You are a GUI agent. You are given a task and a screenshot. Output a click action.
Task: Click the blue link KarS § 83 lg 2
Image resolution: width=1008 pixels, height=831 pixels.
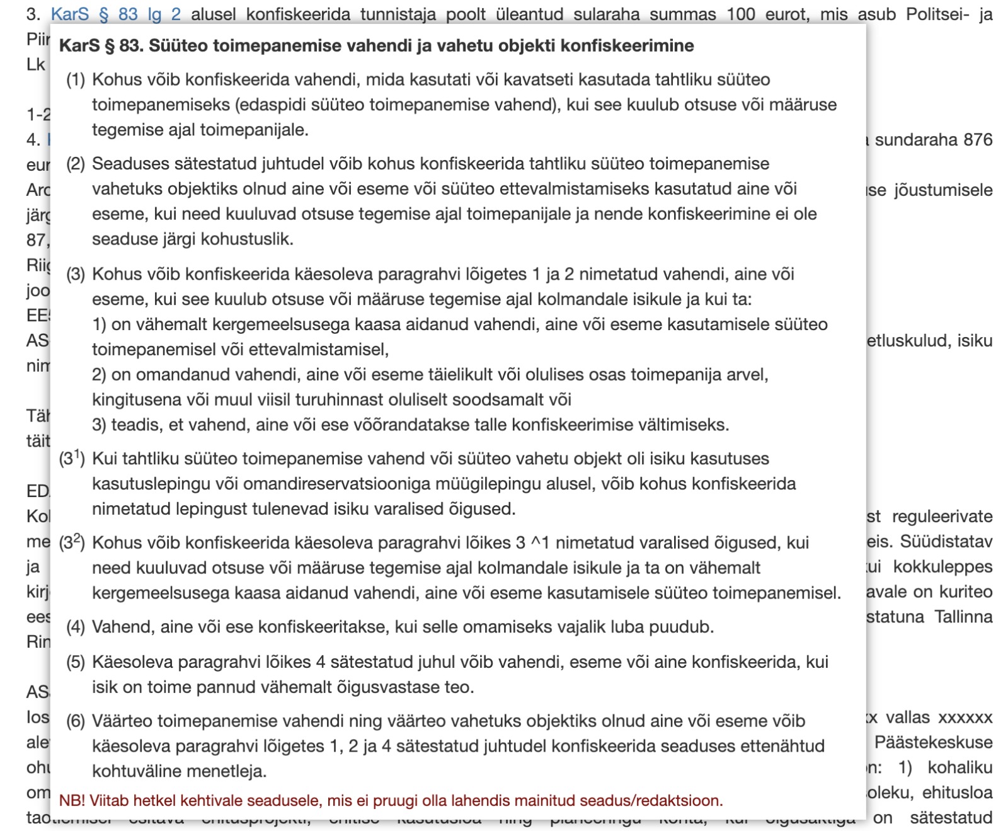coord(115,14)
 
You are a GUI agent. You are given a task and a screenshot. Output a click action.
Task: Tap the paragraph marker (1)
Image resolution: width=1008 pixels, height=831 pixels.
coord(76,80)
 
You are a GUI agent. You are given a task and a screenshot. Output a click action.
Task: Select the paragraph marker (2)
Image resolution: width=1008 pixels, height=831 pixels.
coord(76,164)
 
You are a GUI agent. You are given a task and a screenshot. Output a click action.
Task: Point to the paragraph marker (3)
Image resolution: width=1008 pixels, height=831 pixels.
coord(76,275)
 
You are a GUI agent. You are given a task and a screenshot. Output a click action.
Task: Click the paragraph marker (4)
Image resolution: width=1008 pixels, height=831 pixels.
coord(76,627)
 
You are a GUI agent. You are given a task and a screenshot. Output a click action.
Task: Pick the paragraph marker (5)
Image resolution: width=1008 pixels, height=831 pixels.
coord(76,662)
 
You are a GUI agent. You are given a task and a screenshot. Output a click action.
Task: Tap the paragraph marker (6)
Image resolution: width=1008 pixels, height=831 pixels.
coord(76,721)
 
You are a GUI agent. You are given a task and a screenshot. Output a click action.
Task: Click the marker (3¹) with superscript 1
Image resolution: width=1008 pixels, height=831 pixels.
coord(72,458)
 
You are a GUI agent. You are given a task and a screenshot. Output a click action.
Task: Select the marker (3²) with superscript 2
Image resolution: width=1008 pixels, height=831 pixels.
coord(72,542)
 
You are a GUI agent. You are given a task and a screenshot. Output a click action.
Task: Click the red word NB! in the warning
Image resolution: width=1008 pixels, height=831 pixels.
coord(72,801)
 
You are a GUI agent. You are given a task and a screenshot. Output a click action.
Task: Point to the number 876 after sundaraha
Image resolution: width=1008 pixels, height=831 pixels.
coord(978,140)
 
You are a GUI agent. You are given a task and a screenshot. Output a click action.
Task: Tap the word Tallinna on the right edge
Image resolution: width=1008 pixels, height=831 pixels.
coord(963,617)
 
